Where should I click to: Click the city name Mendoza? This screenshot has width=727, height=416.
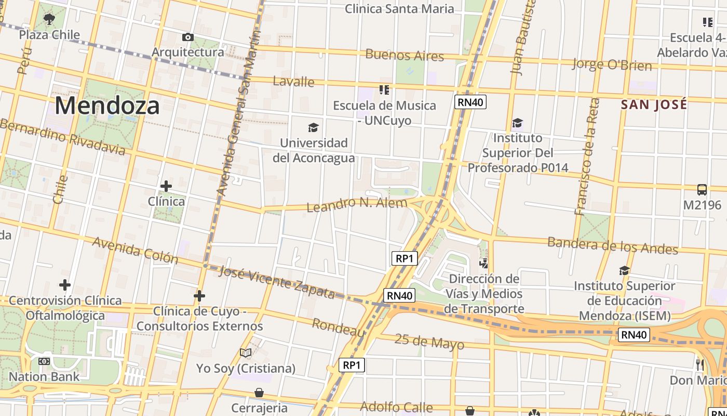click(x=107, y=106)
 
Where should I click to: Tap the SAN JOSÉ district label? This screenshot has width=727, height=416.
click(x=654, y=105)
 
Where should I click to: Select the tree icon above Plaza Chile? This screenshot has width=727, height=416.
click(x=49, y=20)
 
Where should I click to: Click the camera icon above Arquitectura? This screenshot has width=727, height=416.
click(x=188, y=37)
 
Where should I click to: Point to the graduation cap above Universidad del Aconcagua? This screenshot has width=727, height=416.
click(x=313, y=127)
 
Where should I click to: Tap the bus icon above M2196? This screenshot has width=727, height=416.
click(x=702, y=190)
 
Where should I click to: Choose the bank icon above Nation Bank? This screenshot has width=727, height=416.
click(x=44, y=361)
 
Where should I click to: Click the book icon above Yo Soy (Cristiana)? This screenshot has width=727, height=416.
click(x=246, y=353)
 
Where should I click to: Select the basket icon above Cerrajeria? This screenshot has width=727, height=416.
click(x=259, y=392)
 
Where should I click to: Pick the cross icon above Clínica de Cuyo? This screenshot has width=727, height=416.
click(x=199, y=296)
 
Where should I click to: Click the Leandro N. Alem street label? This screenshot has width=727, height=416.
click(x=357, y=204)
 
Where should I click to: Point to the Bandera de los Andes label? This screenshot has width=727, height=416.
click(x=613, y=245)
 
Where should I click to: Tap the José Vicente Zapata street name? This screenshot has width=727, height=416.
click(x=277, y=282)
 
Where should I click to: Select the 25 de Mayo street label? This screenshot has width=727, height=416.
click(x=429, y=342)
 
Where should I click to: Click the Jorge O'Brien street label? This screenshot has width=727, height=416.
click(x=612, y=65)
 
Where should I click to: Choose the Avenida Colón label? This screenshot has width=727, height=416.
click(x=135, y=250)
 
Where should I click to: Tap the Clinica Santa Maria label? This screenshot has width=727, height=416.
click(x=399, y=9)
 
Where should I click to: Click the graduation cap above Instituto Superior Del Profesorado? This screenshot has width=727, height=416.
click(x=517, y=123)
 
